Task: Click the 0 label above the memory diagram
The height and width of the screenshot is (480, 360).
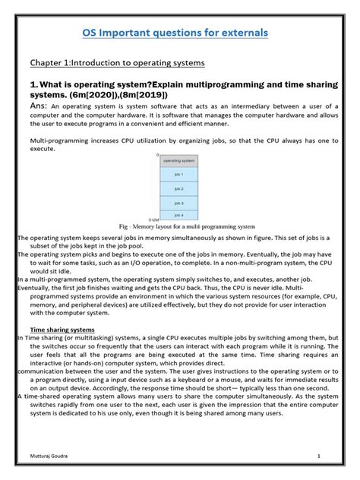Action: point(156,155)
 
